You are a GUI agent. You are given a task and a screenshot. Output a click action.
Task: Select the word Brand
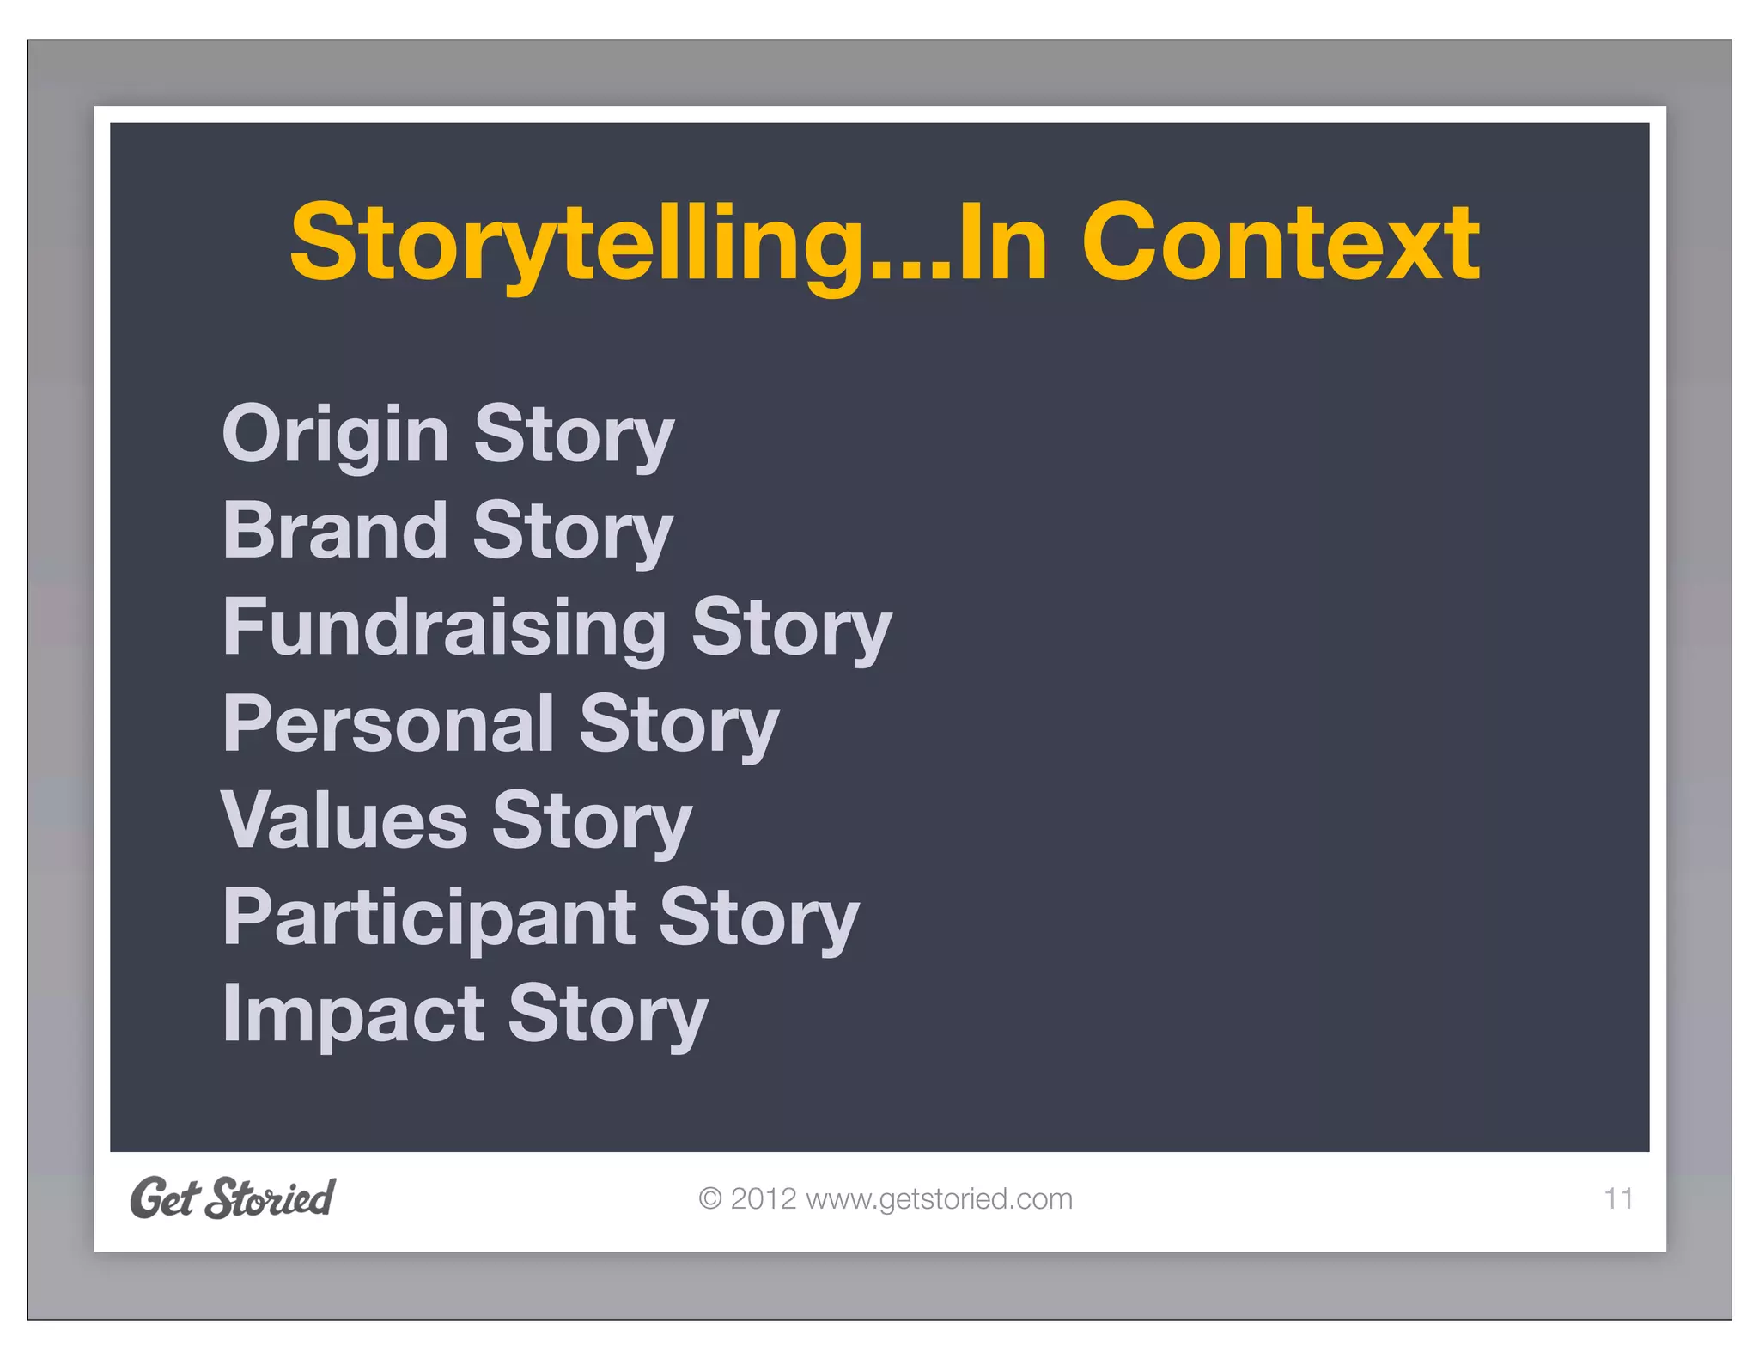click(335, 531)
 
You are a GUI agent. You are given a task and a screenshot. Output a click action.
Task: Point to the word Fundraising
click(444, 629)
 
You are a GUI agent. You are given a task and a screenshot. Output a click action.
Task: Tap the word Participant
click(429, 919)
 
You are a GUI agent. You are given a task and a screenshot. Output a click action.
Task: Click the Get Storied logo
click(232, 1198)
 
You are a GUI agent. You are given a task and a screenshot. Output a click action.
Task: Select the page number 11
click(1618, 1198)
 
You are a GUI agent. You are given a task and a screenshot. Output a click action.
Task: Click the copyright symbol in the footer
click(709, 1198)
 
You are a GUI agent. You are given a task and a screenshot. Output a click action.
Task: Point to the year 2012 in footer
click(764, 1198)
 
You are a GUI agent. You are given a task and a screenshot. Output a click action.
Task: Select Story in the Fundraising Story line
click(791, 629)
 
